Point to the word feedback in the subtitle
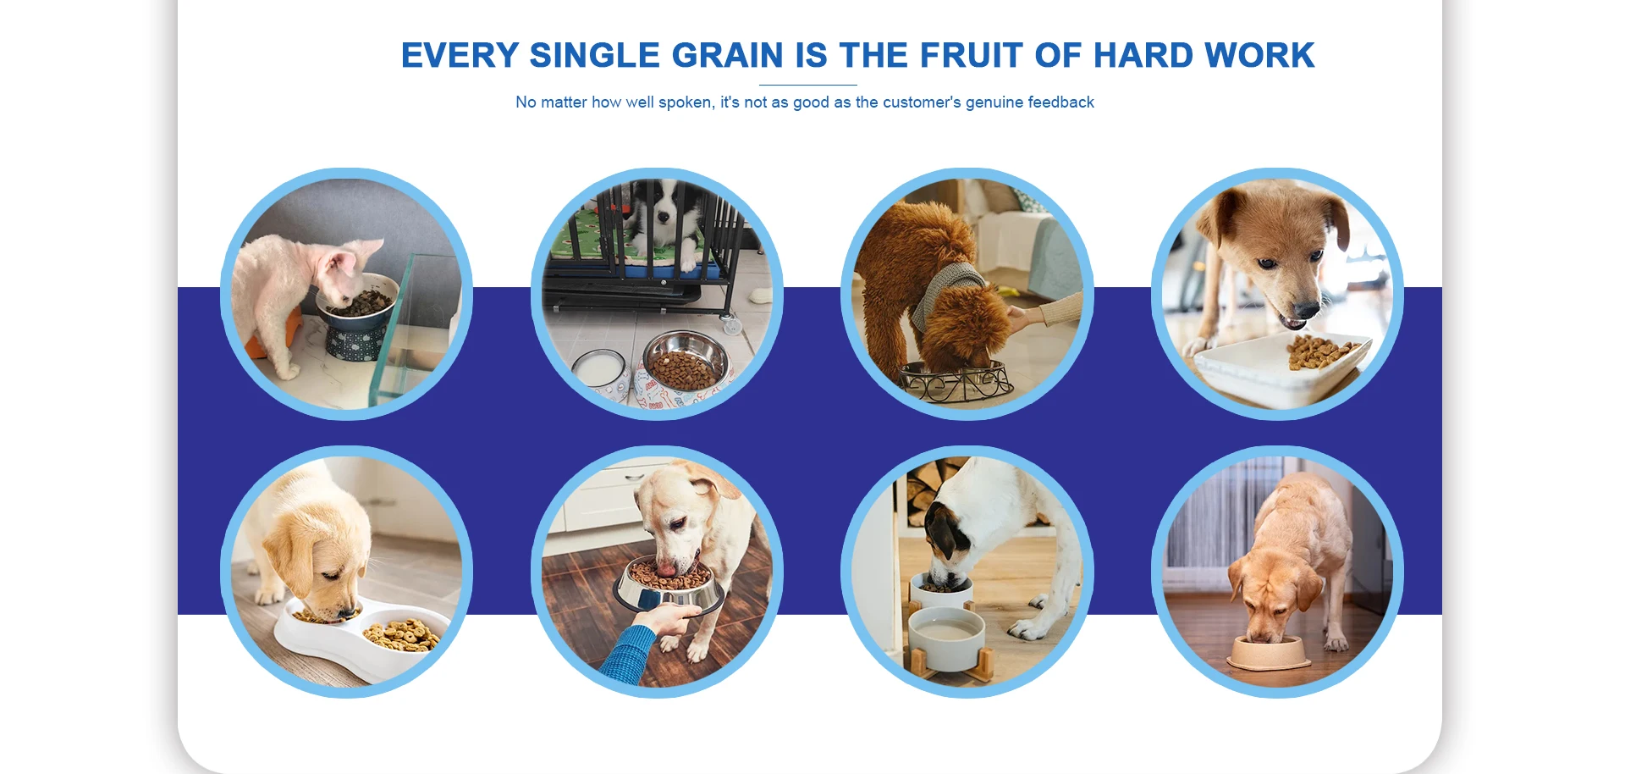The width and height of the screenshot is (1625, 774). pos(1060,102)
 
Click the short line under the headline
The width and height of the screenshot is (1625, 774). pos(808,85)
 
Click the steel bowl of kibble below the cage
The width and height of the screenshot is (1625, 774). pos(686,361)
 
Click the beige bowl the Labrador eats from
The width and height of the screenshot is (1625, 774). pos(1269,651)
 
